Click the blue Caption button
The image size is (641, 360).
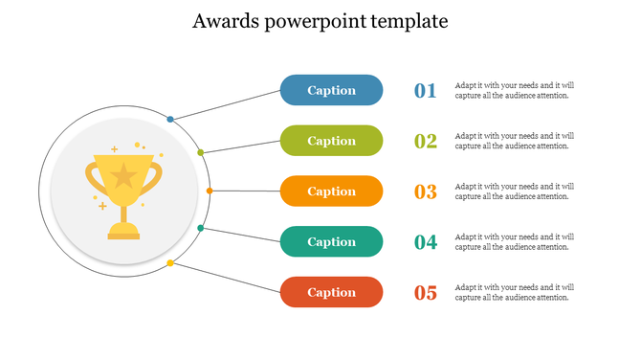[x=331, y=90]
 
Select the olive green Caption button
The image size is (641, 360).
[x=331, y=141]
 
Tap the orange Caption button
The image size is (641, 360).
[x=331, y=191]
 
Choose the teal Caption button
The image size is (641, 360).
[x=331, y=242]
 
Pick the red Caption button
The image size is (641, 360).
[x=331, y=292]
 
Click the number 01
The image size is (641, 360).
[x=425, y=91]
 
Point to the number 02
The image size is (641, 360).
[x=425, y=142]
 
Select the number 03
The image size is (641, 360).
[x=425, y=192]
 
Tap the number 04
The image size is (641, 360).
[x=425, y=243]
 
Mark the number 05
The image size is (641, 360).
[x=425, y=293]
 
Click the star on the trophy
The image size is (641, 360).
[x=123, y=175]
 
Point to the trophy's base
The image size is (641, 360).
[x=123, y=231]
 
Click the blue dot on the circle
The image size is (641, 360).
[x=170, y=119]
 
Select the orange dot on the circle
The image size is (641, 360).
[x=210, y=191]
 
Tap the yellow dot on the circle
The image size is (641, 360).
[x=170, y=262]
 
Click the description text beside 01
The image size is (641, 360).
[x=514, y=90]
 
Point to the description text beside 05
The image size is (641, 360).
[x=514, y=292]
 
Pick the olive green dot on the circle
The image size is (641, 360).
[x=200, y=152]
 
